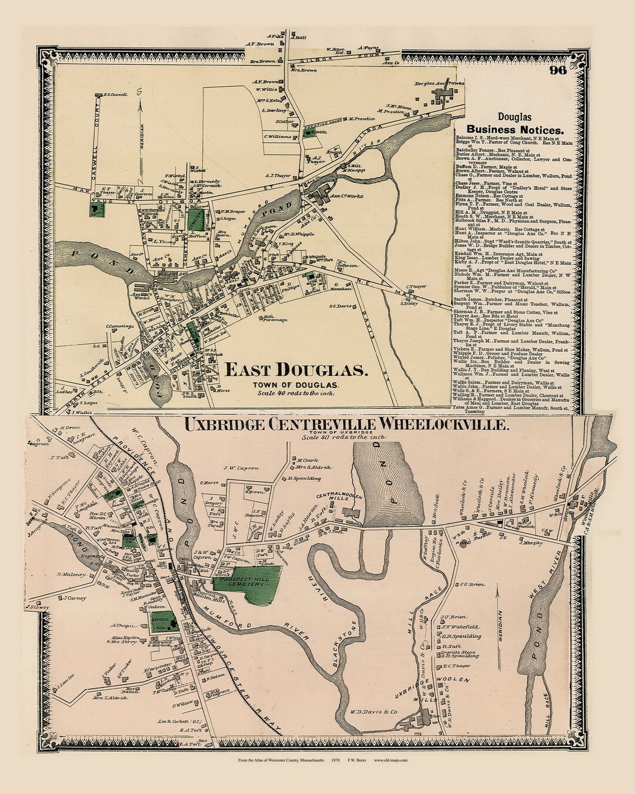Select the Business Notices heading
pyautogui.click(x=514, y=129)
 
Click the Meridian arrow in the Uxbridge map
pyautogui.click(x=498, y=612)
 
